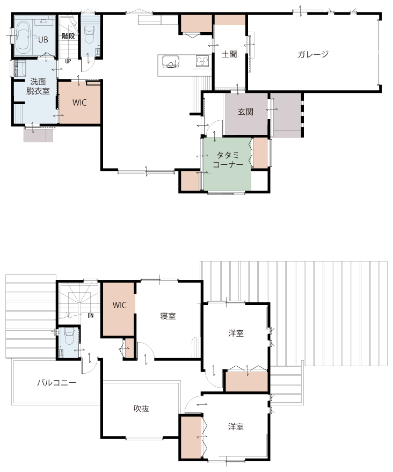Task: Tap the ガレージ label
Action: [312, 54]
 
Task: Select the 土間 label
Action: [229, 54]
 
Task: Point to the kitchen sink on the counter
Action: [171, 62]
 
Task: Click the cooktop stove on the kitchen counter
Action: [202, 62]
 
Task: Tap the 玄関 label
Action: [245, 112]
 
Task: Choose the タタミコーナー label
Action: [228, 160]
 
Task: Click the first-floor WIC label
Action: [79, 103]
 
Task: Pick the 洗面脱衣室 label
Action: [38, 86]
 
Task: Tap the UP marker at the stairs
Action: [68, 61]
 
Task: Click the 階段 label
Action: [68, 36]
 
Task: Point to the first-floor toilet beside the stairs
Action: [89, 34]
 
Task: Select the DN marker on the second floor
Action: [91, 316]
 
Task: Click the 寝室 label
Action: [168, 316]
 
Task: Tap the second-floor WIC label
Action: [120, 305]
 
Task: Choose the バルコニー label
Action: [56, 383]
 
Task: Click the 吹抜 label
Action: [141, 409]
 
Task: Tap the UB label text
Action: [43, 40]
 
